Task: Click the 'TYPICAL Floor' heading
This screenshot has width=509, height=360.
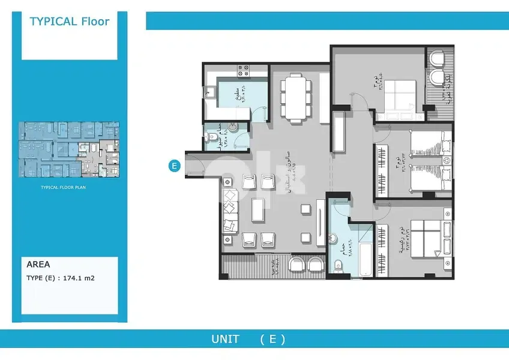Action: point(70,22)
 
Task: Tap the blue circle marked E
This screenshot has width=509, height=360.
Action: point(174,166)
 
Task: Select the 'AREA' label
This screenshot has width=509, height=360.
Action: point(38,264)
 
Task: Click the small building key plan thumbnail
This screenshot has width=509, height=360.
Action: point(69,149)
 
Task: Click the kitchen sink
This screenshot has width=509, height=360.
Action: point(210,92)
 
